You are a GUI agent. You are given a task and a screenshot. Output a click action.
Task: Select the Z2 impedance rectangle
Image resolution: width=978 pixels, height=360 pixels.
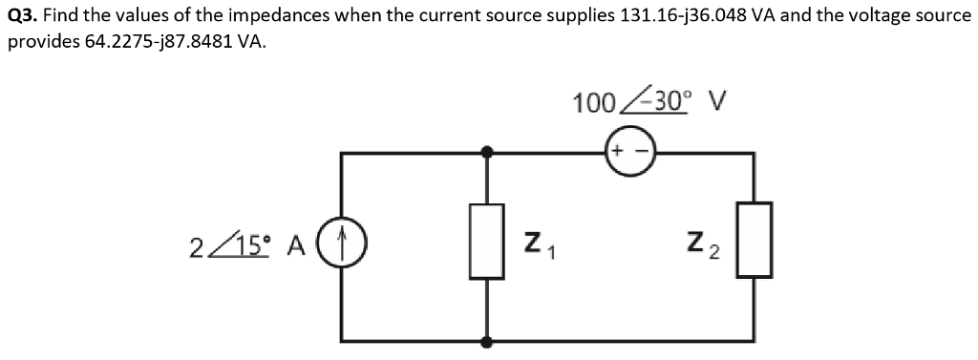click(755, 240)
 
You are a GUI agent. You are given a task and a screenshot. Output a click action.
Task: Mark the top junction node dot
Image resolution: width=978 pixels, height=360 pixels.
click(487, 152)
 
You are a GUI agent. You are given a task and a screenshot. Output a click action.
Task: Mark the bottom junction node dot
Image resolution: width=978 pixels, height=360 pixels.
click(487, 340)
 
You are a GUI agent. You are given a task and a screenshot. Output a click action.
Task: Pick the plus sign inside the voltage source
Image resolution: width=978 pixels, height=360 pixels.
click(617, 152)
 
